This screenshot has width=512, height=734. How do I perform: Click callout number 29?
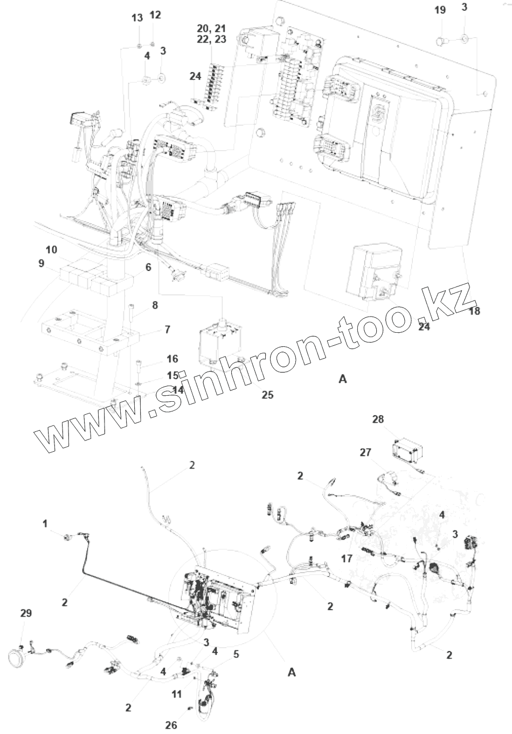pyautogui.click(x=26, y=613)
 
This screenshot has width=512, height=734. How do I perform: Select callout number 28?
pyautogui.click(x=378, y=418)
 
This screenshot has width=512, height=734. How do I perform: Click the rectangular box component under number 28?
pyautogui.click(x=408, y=449)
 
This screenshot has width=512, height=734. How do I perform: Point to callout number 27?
pyautogui.click(x=365, y=452)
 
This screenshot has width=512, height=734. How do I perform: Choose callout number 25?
pyautogui.click(x=267, y=395)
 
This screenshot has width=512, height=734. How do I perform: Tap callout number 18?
pyautogui.click(x=474, y=311)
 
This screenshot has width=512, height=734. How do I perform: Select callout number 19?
pyautogui.click(x=440, y=10)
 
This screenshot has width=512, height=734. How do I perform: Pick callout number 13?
pyautogui.click(x=137, y=18)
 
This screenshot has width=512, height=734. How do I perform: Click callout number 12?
pyautogui.click(x=155, y=15)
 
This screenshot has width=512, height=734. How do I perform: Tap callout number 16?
pyautogui.click(x=172, y=359)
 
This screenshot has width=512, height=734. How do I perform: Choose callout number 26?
pyautogui.click(x=171, y=725)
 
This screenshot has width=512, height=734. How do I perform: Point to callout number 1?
pyautogui.click(x=45, y=523)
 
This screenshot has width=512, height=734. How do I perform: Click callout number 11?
pyautogui.click(x=177, y=694)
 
